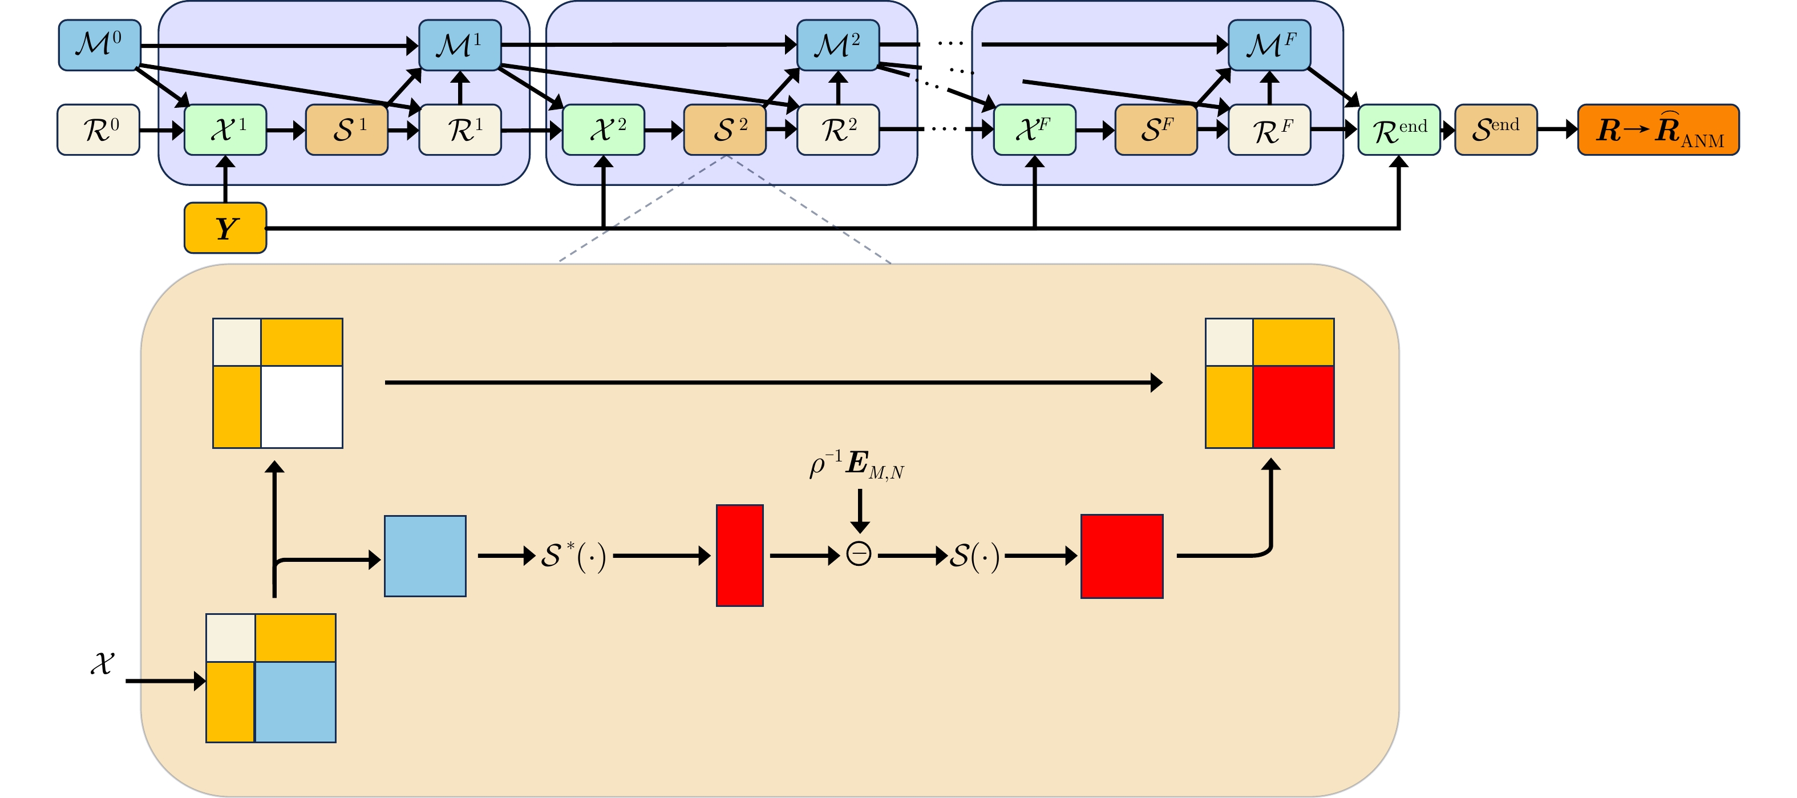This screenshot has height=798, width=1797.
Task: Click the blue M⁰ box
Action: pos(99,45)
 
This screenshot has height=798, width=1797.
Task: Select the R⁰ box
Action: pos(98,129)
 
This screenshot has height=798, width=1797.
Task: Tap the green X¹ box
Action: pos(225,129)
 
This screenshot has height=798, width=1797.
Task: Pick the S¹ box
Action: pos(347,129)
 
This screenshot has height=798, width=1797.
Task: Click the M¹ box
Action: pos(460,45)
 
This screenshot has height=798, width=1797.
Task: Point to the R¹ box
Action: pos(460,129)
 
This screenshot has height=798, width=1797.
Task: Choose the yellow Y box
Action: pos(225,228)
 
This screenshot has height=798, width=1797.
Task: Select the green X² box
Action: pos(604,129)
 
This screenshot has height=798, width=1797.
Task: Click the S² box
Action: pos(725,129)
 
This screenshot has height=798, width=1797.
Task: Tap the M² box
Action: pos(838,45)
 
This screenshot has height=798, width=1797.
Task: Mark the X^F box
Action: pos(1034,129)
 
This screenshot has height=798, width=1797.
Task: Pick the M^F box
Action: pos(1269,45)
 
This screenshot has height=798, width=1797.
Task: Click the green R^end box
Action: pos(1399,129)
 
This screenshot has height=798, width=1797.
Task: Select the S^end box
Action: pos(1496,129)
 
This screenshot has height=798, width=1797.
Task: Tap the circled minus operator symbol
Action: pos(859,554)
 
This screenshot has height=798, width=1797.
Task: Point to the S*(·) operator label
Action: pos(573,556)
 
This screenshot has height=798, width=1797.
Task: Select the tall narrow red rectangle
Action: pos(739,555)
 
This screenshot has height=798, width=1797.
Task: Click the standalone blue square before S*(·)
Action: pos(425,556)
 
